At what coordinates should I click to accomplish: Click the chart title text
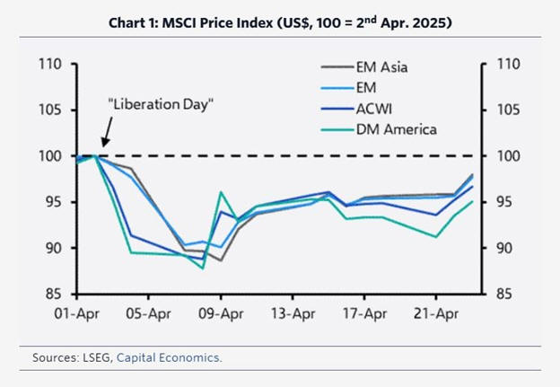coord(279,22)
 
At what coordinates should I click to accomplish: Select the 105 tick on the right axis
coord(504,110)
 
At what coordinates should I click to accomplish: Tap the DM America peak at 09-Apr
coord(221,192)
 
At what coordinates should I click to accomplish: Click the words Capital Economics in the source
coord(170,357)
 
